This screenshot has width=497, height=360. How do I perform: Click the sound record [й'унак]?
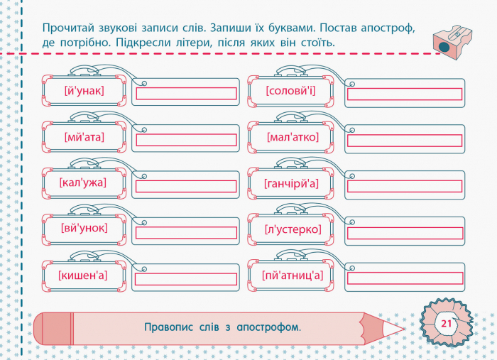(84, 91)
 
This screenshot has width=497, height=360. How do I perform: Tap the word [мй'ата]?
(84, 137)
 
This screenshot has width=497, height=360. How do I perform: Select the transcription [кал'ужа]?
(83, 183)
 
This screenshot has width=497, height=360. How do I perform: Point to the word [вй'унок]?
(84, 228)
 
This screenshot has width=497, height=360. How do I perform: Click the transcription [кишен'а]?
(83, 275)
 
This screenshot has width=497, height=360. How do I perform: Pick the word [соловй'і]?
(290, 91)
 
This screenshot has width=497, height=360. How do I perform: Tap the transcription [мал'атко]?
(293, 137)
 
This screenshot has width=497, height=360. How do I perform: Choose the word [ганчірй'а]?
(291, 183)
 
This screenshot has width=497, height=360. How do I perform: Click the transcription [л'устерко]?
(293, 229)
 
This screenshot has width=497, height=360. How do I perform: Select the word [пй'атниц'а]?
(293, 275)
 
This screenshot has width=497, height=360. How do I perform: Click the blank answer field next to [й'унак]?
(186, 94)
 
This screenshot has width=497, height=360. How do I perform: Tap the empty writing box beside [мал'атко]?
(405, 141)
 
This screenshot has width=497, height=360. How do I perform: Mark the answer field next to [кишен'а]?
(186, 279)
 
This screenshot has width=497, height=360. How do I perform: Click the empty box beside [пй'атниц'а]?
(405, 278)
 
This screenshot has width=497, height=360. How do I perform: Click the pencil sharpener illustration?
(452, 42)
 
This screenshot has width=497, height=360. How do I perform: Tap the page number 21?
(447, 324)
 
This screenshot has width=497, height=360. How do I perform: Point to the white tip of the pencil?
(393, 329)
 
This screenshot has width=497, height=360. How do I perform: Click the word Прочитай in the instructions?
(68, 28)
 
